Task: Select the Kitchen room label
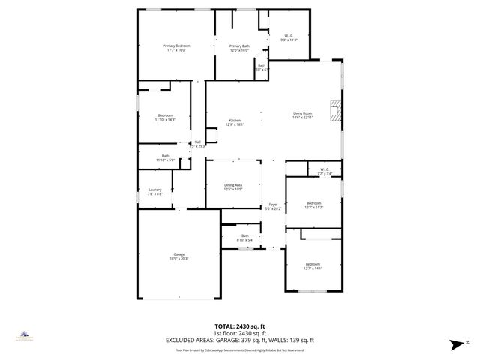[235, 122]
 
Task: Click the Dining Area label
[233, 187]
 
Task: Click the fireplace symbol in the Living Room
[337, 110]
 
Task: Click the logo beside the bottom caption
[25, 336]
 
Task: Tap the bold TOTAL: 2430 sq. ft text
[240, 325]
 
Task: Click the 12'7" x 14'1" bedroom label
[313, 265]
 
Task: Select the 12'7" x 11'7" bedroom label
[313, 205]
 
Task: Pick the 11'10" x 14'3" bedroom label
[165, 118]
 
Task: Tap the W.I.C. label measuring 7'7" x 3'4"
[325, 172]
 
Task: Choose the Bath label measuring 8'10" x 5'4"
[244, 238]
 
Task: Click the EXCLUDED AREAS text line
[240, 339]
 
